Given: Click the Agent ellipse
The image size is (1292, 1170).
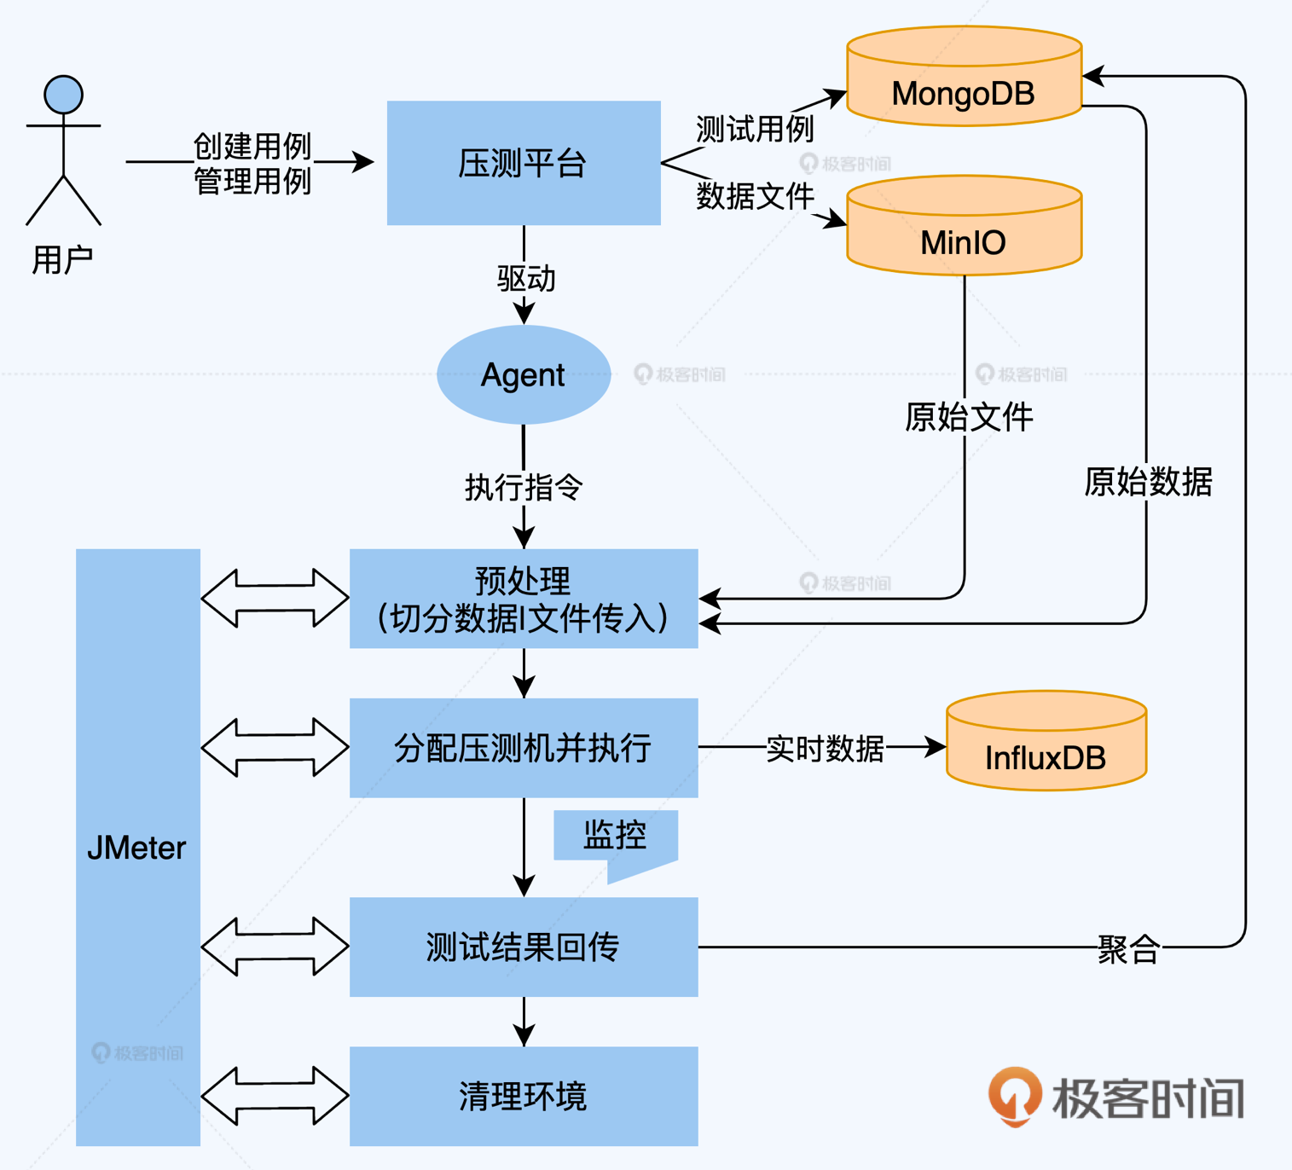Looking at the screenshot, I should [x=524, y=374].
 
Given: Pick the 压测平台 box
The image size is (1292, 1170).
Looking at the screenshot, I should [x=524, y=163].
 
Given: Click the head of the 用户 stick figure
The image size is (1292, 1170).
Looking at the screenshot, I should [x=64, y=94].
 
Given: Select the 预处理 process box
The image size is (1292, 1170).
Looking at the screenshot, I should [x=524, y=599].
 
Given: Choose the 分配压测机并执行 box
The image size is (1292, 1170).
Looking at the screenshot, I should [x=524, y=748].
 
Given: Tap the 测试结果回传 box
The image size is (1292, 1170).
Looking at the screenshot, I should [x=524, y=947].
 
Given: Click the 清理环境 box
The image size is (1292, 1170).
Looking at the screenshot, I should [x=524, y=1096].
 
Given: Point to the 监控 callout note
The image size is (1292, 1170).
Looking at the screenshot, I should [x=616, y=836].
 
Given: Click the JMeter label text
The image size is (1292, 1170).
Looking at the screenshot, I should [x=136, y=848].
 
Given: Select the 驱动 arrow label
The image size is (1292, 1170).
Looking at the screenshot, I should [x=526, y=279].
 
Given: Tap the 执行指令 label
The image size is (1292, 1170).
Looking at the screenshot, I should [x=524, y=488].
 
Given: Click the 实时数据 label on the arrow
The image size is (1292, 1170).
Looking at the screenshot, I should [x=825, y=748].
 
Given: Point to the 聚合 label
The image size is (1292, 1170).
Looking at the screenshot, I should [x=1127, y=949].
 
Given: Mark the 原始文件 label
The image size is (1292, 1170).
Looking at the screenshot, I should [x=969, y=417].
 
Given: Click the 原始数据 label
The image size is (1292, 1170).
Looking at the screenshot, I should [x=1148, y=482].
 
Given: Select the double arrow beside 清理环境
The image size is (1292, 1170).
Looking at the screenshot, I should [x=275, y=1096].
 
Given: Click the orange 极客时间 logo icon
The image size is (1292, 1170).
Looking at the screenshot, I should [x=1015, y=1095].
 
